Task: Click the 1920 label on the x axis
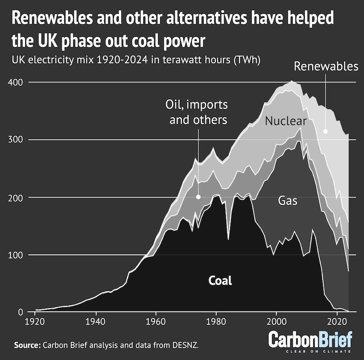(x=35, y=322)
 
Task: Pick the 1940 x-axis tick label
(x=96, y=322)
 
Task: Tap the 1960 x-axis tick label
(x=156, y=322)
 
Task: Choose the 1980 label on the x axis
(x=216, y=322)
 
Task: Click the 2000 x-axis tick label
(x=276, y=322)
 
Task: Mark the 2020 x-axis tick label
(x=336, y=322)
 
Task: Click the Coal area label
(x=220, y=281)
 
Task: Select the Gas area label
(x=288, y=201)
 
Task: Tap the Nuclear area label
(x=286, y=121)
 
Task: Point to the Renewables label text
(x=326, y=66)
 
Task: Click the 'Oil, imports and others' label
(x=198, y=112)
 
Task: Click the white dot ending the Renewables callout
(x=326, y=132)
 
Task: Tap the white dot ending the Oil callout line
(x=198, y=197)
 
